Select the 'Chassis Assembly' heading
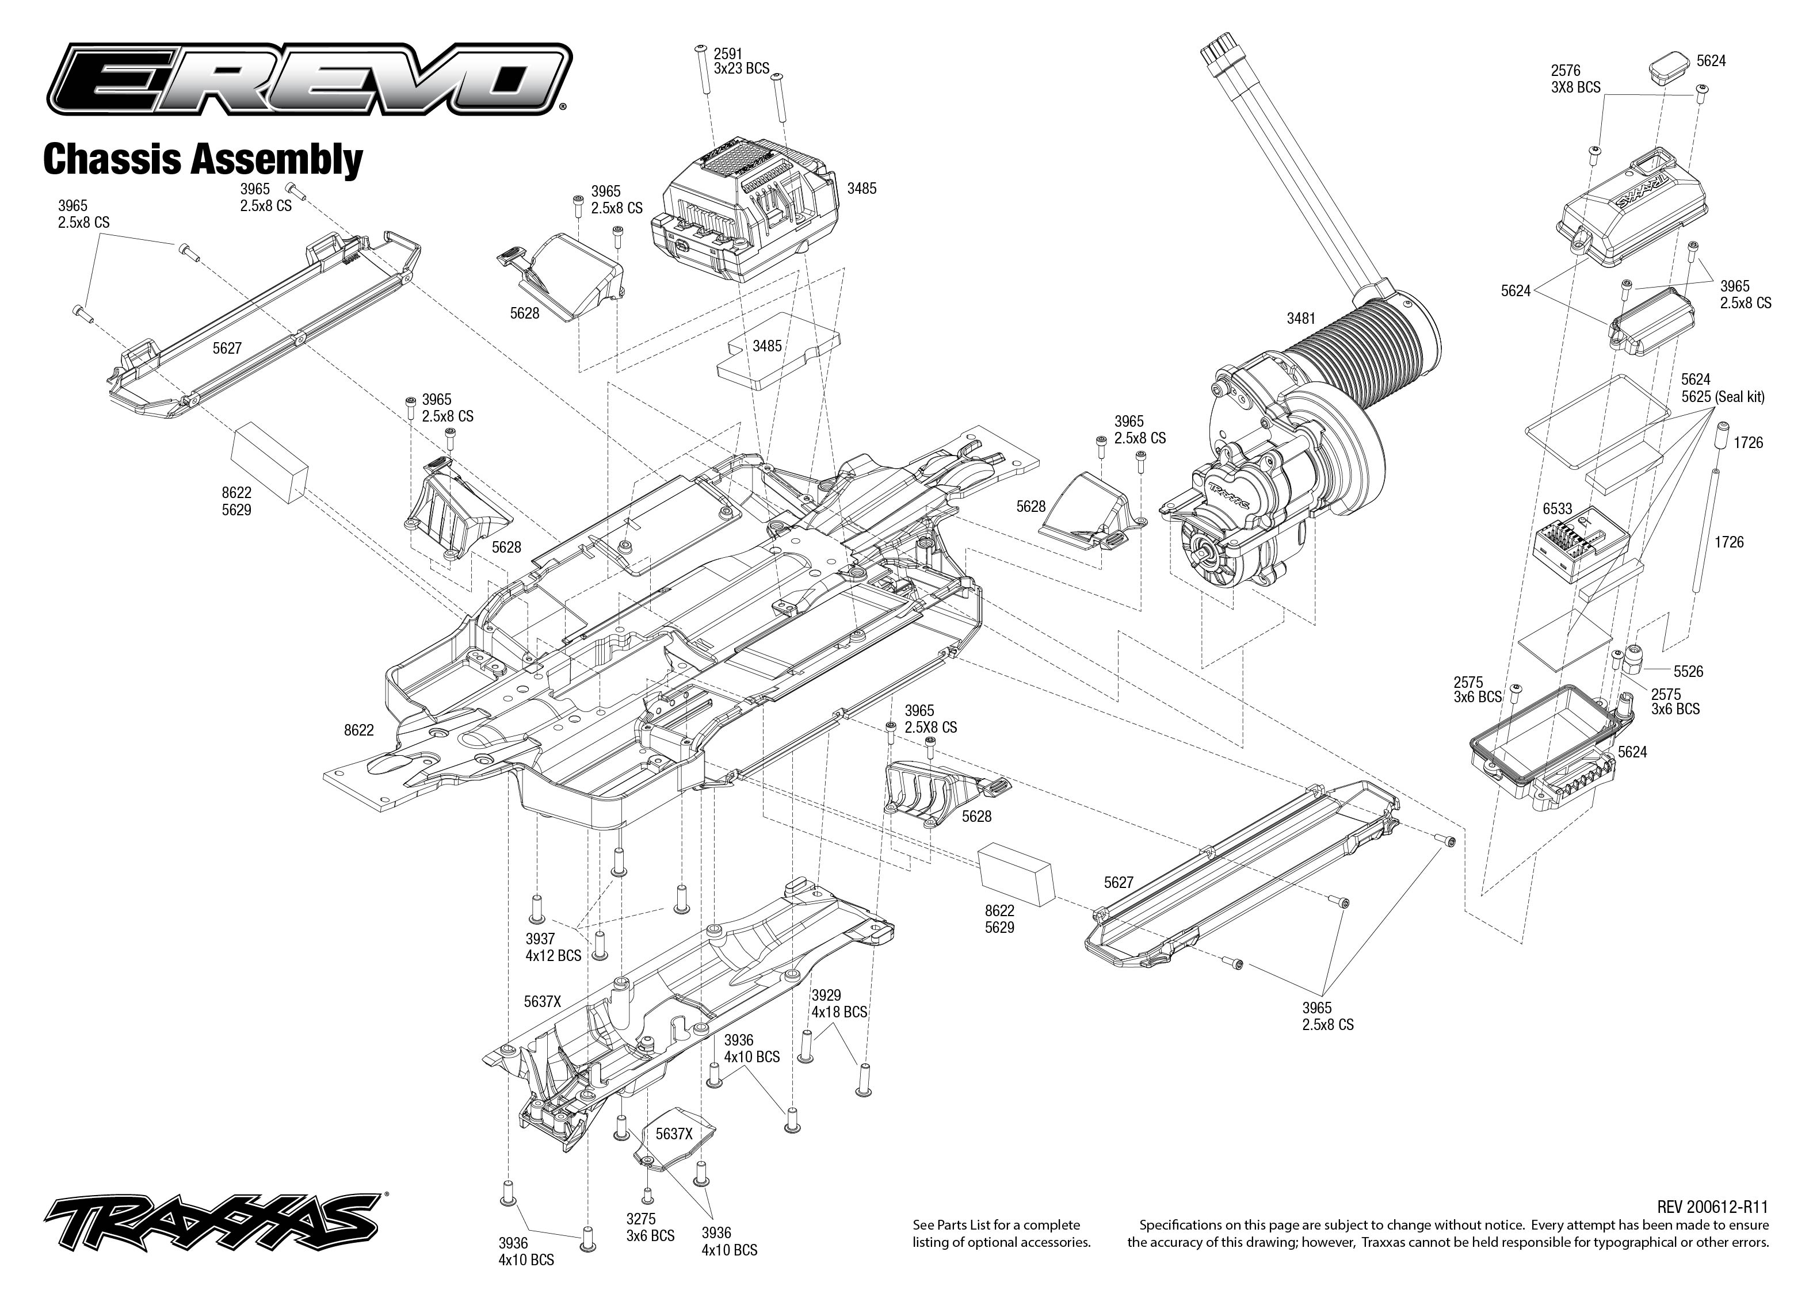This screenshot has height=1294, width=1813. (203, 159)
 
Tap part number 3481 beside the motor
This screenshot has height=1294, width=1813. (1301, 319)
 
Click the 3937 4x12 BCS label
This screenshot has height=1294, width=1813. (553, 947)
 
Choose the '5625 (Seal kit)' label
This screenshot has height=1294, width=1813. (1723, 397)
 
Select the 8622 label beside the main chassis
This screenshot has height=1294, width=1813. (358, 730)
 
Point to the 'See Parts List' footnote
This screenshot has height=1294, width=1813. (1002, 1234)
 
